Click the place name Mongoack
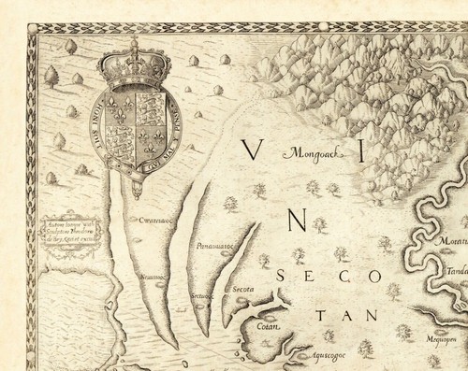coord(315,151)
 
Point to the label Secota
coord(244,290)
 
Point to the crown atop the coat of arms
coord(132,66)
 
